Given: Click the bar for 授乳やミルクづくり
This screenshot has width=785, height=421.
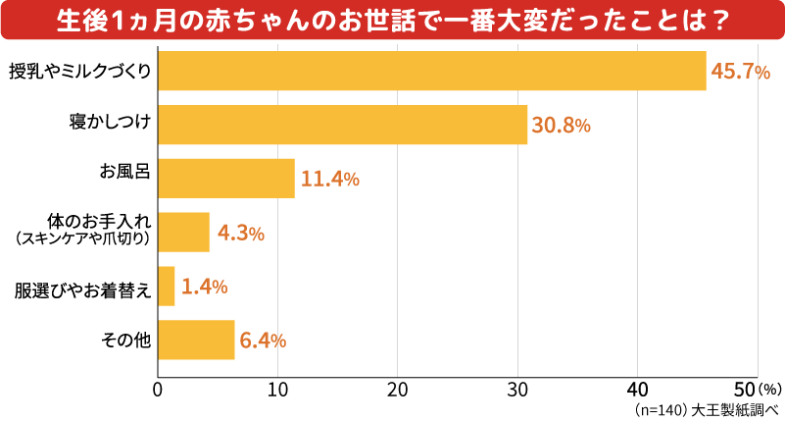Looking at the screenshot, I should click(x=431, y=71).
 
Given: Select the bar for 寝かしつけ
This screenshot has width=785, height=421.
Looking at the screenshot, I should click(x=342, y=125).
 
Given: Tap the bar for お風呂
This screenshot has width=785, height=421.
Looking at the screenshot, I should click(x=225, y=179).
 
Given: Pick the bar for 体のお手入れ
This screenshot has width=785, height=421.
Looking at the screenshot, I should click(x=183, y=233).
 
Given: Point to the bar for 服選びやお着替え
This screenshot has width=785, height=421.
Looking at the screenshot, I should click(x=167, y=287).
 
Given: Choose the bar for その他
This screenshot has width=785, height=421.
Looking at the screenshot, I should click(x=196, y=341).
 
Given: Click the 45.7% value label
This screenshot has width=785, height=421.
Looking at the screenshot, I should click(x=740, y=73).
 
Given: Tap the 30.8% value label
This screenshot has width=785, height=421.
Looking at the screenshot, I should click(x=562, y=126).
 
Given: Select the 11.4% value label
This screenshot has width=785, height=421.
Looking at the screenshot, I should click(x=329, y=180).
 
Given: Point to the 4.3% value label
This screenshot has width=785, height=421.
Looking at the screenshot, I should click(x=241, y=234).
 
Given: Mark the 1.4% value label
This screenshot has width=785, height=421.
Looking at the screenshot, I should click(x=205, y=288).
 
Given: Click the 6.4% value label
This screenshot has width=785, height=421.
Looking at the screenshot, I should click(x=263, y=342).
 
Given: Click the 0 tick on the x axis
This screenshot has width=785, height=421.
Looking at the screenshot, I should click(x=158, y=388).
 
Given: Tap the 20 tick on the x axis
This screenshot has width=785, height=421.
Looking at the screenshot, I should click(x=398, y=388).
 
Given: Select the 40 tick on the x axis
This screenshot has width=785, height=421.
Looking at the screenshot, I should click(x=638, y=388).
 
